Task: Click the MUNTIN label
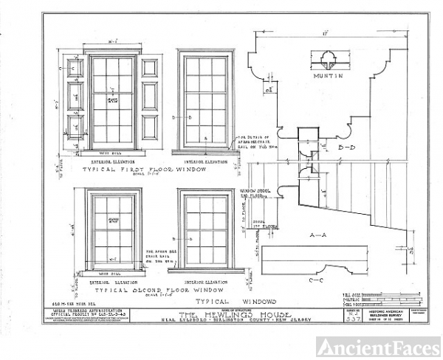click(x=325, y=77)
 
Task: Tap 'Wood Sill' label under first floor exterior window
click(x=111, y=150)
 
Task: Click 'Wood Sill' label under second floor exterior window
click(x=111, y=274)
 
